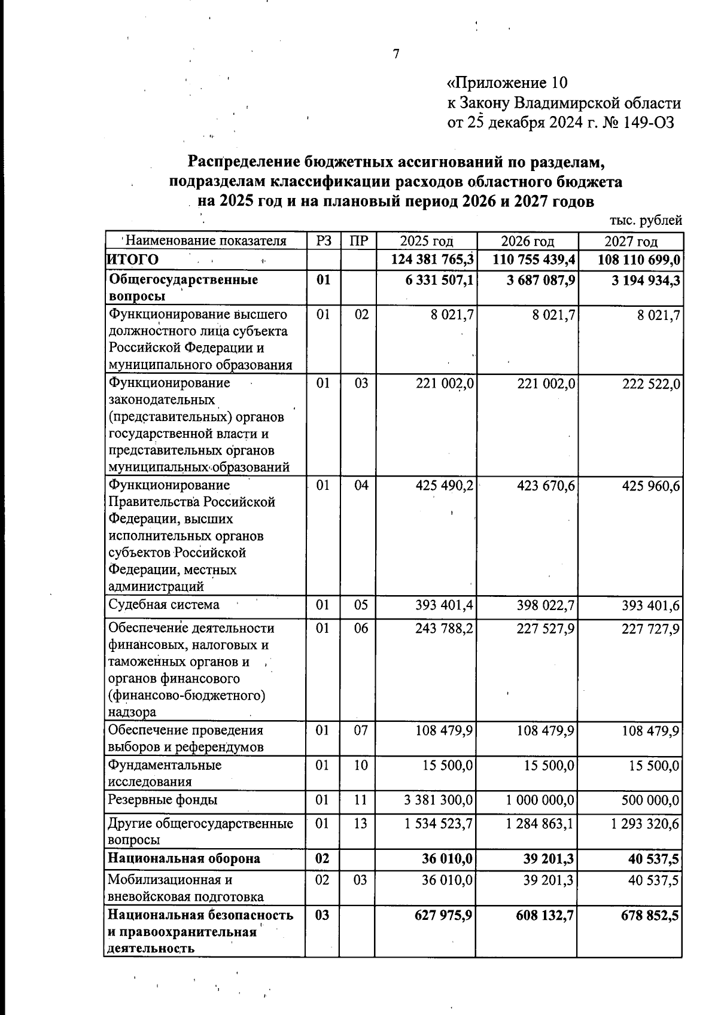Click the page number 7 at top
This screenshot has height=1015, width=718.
click(x=396, y=54)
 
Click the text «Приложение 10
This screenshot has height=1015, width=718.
click(x=507, y=83)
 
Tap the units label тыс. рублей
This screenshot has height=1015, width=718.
click(x=646, y=220)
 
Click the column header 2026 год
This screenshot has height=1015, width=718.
click(x=527, y=242)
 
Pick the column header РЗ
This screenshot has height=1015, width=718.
click(x=323, y=241)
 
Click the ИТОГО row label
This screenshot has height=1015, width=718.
click(x=133, y=260)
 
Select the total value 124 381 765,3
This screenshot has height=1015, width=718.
click(x=432, y=260)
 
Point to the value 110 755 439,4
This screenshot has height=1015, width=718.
click(x=534, y=260)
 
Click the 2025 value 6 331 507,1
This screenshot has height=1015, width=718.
click(x=440, y=280)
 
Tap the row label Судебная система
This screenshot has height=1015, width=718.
click(x=163, y=605)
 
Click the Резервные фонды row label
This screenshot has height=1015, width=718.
click(x=163, y=800)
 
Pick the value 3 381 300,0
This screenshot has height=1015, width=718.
click(x=439, y=800)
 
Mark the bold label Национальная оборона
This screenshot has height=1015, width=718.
click(x=184, y=858)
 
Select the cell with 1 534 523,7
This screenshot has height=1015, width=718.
click(x=439, y=824)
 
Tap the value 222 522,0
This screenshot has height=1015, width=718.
click(x=651, y=383)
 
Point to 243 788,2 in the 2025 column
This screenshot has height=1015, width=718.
click(x=445, y=629)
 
